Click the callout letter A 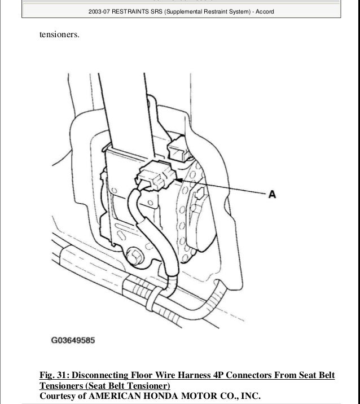[x=271, y=194]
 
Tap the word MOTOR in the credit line [x=221, y=396]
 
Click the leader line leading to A [x=226, y=187]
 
